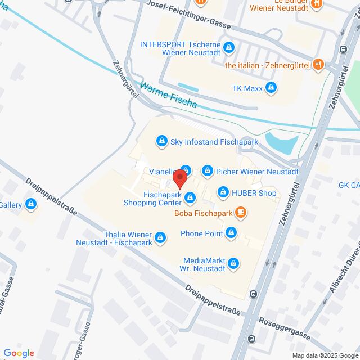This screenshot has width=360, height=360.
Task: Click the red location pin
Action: [180, 178]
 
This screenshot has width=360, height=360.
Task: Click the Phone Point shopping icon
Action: [231, 233]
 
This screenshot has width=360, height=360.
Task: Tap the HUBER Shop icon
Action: [223, 193]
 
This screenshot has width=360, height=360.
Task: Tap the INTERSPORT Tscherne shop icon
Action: [228, 47]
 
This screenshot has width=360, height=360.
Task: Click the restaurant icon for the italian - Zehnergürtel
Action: [318, 64]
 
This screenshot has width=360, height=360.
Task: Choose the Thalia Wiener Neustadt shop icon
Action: [161, 238]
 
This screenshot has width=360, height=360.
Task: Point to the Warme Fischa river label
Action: [169, 96]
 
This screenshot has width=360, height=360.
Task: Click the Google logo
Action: [19, 353]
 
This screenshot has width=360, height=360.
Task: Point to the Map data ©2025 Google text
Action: [324, 355]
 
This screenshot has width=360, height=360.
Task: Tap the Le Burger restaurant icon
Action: [318, 4]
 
